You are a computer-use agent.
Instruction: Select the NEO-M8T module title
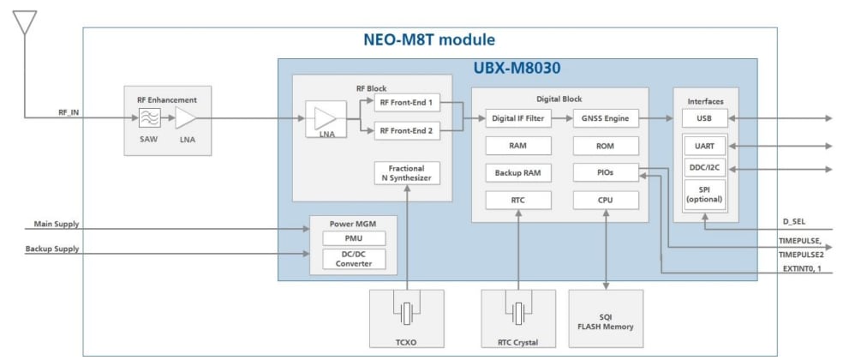tap(429, 40)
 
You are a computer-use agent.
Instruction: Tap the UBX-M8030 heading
tap(517, 68)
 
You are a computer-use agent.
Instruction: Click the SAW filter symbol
tap(150, 118)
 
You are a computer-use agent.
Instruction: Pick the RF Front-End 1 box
tap(407, 103)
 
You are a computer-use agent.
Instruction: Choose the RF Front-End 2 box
tap(407, 130)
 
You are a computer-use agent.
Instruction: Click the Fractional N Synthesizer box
tap(407, 172)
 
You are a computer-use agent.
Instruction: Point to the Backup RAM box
tap(517, 173)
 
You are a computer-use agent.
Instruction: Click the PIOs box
tap(606, 173)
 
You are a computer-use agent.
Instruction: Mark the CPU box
tap(606, 201)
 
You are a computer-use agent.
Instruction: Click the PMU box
tap(354, 238)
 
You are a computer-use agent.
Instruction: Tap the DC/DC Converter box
tap(354, 259)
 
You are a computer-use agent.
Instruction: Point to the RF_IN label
tap(69, 111)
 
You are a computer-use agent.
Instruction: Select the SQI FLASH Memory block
tap(606, 322)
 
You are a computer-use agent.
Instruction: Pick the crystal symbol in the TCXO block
tap(407, 313)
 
